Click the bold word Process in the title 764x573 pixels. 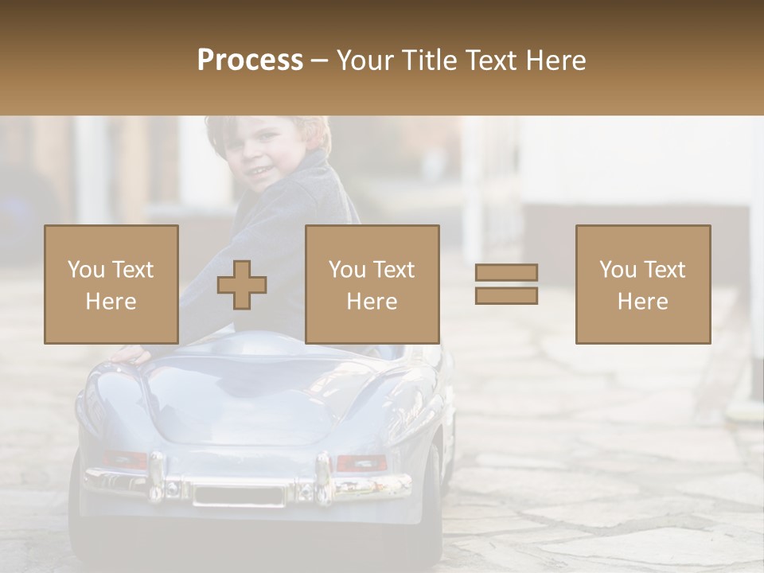click(250, 60)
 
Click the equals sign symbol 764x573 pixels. click(506, 284)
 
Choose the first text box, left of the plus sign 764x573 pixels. click(111, 284)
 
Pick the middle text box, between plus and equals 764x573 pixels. click(372, 284)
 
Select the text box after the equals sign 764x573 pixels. click(643, 284)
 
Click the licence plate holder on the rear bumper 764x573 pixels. click(239, 495)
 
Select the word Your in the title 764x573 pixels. click(363, 60)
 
